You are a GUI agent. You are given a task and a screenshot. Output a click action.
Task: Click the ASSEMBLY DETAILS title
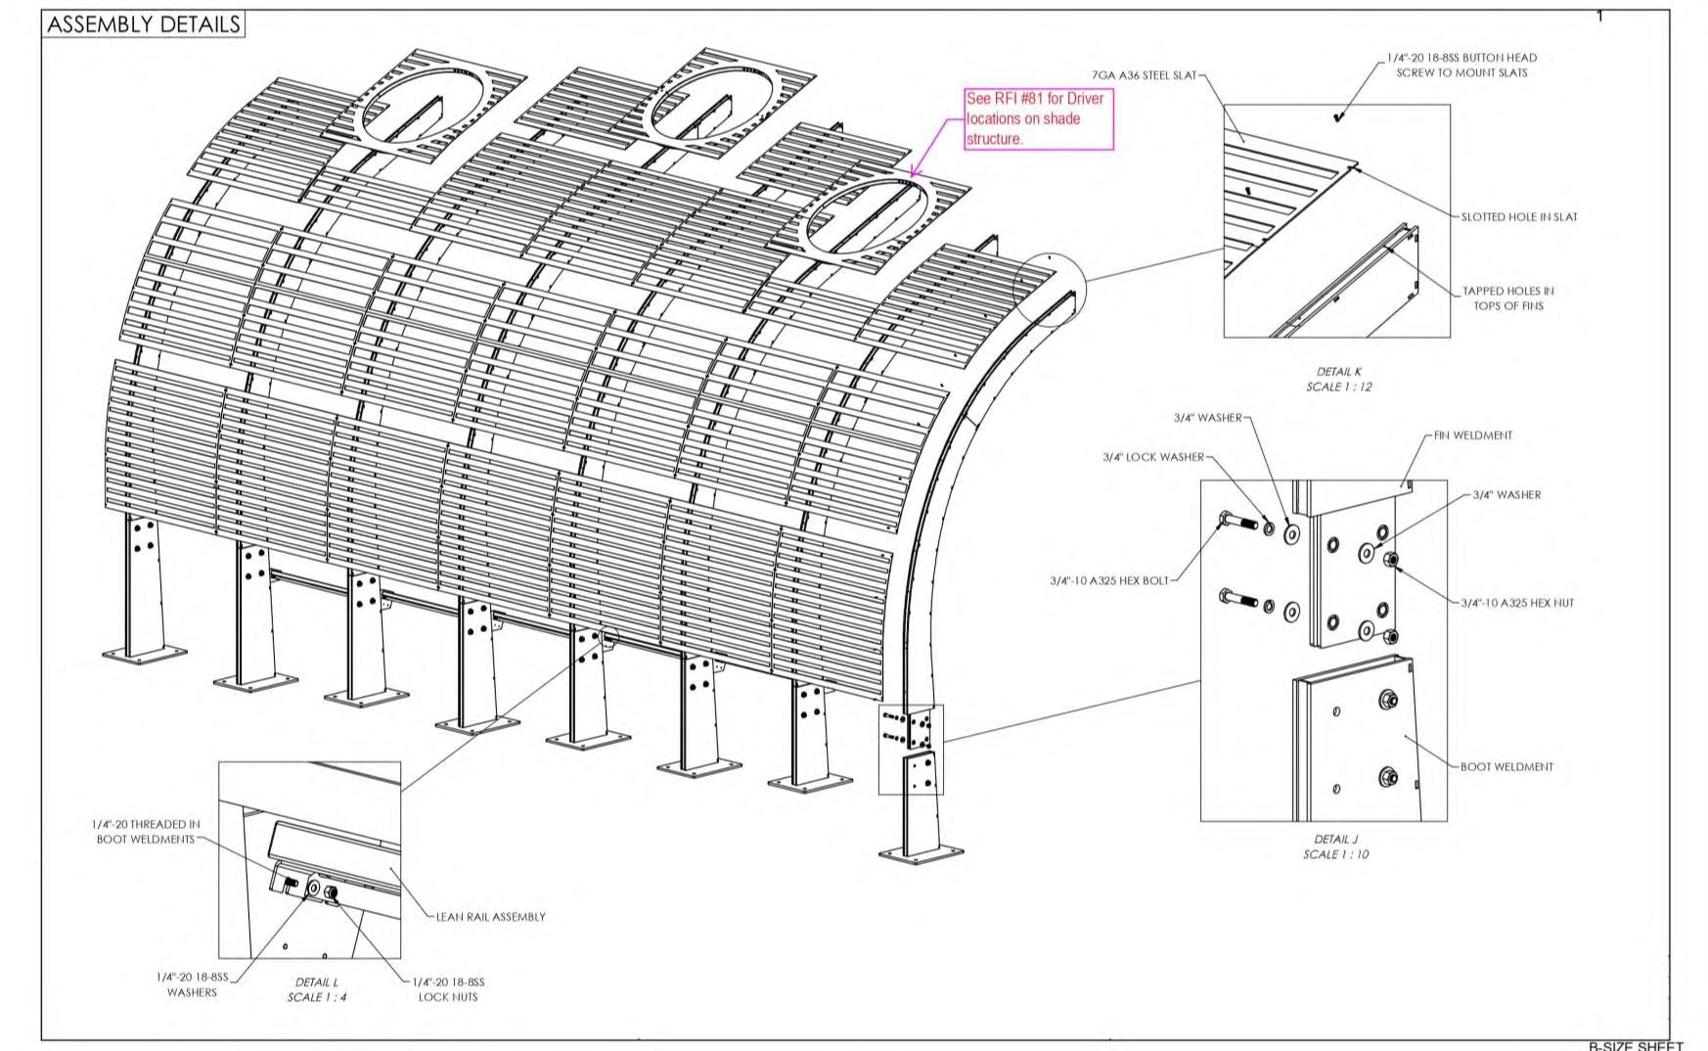point(143,24)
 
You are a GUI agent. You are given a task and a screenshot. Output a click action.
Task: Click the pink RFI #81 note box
point(1039,119)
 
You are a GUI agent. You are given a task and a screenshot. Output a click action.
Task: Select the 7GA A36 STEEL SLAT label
point(1144,75)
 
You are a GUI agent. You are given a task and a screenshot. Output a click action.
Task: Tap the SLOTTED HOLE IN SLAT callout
point(1518,217)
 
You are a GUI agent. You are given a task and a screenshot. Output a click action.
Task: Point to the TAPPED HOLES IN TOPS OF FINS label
point(1507,298)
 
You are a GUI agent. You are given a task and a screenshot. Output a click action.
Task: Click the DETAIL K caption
point(1338,379)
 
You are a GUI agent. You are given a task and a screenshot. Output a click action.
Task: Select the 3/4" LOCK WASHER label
point(1152,457)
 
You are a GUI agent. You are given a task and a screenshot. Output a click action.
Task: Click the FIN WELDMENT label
point(1472,435)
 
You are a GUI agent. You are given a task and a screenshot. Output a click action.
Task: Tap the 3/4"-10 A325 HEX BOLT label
point(1108,580)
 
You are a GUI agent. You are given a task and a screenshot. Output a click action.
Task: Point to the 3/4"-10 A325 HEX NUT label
point(1517,603)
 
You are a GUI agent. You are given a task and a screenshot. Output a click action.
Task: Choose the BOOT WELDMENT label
point(1506,766)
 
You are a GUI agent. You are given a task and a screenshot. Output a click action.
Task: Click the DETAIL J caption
point(1335,846)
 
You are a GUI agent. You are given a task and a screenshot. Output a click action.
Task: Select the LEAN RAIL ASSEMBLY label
point(490,917)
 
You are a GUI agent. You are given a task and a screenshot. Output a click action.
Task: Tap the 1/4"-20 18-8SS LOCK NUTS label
point(448,989)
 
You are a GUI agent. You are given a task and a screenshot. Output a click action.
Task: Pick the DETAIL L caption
point(316,989)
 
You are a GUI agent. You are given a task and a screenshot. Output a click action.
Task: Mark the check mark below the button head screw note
point(1338,117)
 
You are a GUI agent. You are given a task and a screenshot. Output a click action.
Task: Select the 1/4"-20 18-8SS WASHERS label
point(192,984)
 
